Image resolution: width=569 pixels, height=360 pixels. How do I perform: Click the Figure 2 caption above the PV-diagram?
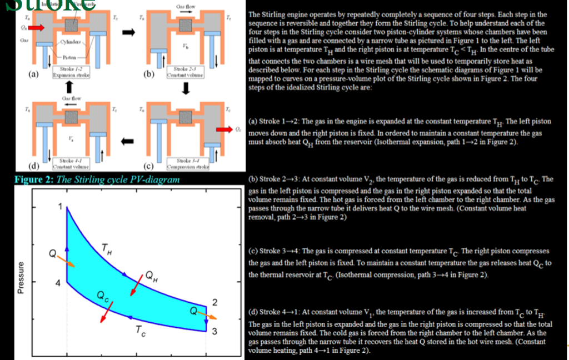(x=97, y=179)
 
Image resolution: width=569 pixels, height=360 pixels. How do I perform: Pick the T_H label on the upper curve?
(x=106, y=248)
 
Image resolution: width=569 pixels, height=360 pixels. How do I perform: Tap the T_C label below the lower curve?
(x=139, y=332)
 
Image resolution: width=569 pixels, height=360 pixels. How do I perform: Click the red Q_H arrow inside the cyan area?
(x=134, y=284)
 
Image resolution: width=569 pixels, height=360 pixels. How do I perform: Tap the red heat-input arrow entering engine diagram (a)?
(x=35, y=26)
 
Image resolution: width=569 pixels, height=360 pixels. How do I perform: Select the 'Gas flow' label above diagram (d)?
(x=72, y=98)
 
